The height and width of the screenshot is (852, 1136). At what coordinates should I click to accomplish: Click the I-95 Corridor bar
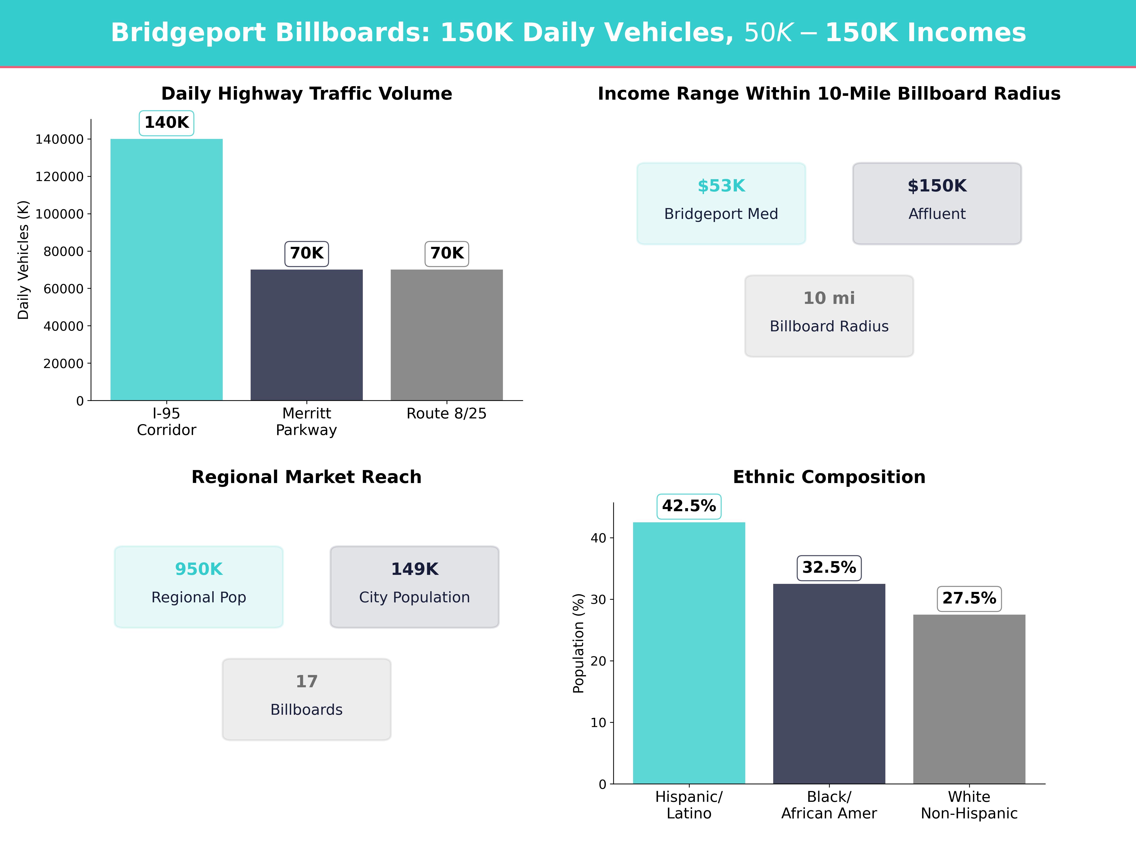pyautogui.click(x=166, y=270)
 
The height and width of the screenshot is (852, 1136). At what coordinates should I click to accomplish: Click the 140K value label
pyautogui.click(x=166, y=123)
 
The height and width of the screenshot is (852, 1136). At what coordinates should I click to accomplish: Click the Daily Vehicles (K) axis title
pyautogui.click(x=23, y=260)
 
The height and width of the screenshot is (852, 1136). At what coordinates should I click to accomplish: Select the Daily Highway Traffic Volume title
pyautogui.click(x=306, y=93)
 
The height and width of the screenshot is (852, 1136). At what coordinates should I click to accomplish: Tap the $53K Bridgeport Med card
pyautogui.click(x=721, y=203)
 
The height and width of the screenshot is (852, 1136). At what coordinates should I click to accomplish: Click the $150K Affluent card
pyautogui.click(x=937, y=203)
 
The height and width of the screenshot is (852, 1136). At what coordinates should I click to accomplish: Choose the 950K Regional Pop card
pyautogui.click(x=199, y=586)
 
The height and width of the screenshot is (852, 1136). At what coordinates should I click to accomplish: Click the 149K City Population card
pyautogui.click(x=414, y=586)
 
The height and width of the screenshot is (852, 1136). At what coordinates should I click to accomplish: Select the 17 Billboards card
pyautogui.click(x=306, y=699)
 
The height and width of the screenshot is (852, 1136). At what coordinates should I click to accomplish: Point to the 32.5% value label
pyautogui.click(x=829, y=568)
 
